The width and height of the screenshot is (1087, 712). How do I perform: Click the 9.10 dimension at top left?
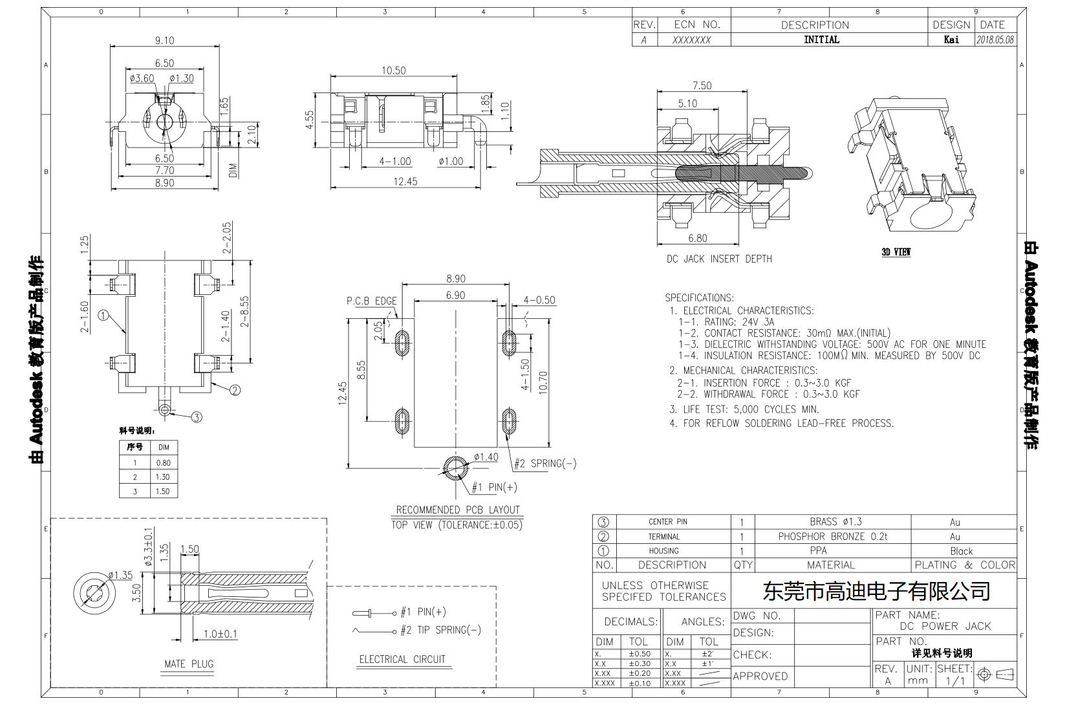(164, 40)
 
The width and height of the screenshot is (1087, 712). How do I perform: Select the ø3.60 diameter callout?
(142, 78)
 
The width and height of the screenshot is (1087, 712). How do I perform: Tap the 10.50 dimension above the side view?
(393, 70)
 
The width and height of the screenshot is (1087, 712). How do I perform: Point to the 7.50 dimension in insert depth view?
(702, 85)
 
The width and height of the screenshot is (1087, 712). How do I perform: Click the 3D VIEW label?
(896, 252)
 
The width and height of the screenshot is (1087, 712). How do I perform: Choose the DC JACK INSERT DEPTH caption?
(719, 259)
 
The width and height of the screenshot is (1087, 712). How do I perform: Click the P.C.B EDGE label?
(371, 301)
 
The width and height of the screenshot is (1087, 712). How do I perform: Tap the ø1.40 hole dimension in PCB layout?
(486, 457)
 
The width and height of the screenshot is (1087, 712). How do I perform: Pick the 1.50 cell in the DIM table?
(163, 491)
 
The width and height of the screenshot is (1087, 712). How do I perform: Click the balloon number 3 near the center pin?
(196, 417)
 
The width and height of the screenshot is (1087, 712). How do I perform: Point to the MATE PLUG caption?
(188, 663)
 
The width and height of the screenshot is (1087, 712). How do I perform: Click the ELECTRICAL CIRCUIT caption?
(402, 659)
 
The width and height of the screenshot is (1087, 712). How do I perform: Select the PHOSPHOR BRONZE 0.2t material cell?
(832, 536)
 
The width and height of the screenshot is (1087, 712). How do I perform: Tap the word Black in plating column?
(961, 551)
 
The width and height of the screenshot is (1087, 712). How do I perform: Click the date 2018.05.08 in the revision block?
(995, 39)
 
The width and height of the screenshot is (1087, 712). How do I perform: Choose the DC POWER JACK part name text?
(945, 626)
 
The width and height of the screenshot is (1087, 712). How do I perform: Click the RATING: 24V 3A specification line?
(726, 321)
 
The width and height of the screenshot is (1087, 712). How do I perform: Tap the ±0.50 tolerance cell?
(639, 654)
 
